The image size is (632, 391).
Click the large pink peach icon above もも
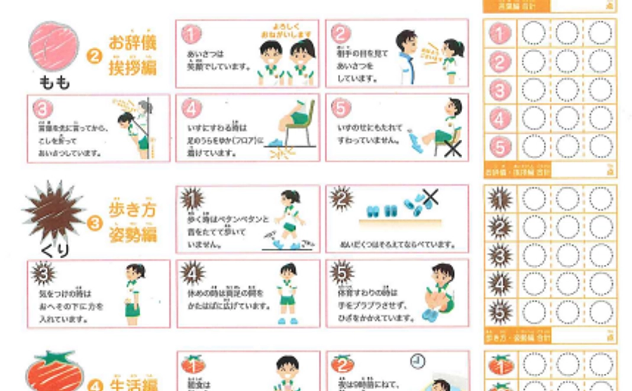(53, 47)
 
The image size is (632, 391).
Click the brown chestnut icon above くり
(54, 211)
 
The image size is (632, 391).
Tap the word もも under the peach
(54, 82)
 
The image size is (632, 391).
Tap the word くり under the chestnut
(55, 251)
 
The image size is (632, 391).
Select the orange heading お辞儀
(133, 43)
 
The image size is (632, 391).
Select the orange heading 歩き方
(133, 210)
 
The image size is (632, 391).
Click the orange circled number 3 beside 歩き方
(94, 223)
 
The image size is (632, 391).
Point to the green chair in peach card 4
(299, 127)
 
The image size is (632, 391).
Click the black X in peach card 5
(453, 149)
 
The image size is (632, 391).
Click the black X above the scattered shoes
(430, 197)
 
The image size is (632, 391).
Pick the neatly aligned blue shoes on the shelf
(382, 211)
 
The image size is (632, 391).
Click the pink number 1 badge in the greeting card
(191, 34)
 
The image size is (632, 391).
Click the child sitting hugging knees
(438, 293)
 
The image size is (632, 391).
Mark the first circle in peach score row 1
(533, 33)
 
